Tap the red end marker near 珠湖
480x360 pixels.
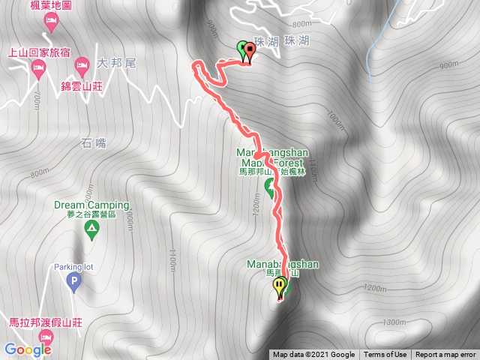pos(249,51)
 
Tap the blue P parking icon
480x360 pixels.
pos(73,283)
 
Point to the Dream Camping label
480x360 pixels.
pos(91,205)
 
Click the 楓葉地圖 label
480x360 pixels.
pos(51,6)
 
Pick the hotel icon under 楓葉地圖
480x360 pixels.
pos(51,21)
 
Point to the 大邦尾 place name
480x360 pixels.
pos(116,64)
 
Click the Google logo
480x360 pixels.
pos(27,349)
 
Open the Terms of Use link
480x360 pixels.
pos(385,355)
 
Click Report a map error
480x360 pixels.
pos(445,355)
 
